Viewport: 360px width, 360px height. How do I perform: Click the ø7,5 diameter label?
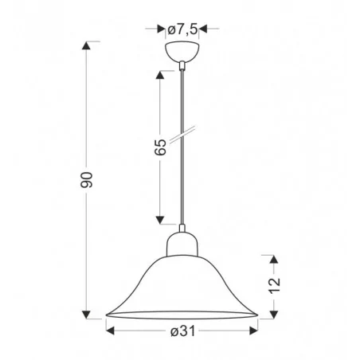coord(182,29)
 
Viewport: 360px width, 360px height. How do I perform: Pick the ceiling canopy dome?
coord(182,53)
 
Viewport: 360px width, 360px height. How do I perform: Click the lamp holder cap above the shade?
coord(182,239)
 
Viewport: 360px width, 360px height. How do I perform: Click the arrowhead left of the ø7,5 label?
coord(159,29)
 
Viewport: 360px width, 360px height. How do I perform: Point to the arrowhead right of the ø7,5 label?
coord(204,29)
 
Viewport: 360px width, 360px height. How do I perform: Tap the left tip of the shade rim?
coord(105,313)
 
